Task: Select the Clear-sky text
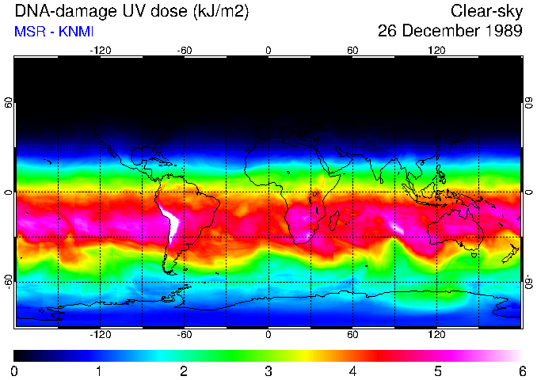pyautogui.click(x=486, y=12)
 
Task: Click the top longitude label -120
pyautogui.click(x=100, y=51)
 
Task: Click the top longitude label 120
pyautogui.click(x=437, y=51)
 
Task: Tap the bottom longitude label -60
pyautogui.click(x=185, y=335)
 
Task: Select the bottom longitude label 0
pyautogui.click(x=268, y=335)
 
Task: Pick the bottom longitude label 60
pyautogui.click(x=353, y=335)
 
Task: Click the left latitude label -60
pyautogui.click(x=9, y=282)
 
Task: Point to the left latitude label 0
pyautogui.click(x=9, y=192)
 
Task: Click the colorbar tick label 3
pyautogui.click(x=268, y=370)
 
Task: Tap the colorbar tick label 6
pyautogui.click(x=522, y=370)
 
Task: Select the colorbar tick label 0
pyautogui.click(x=15, y=370)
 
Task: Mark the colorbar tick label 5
pyautogui.click(x=437, y=370)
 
